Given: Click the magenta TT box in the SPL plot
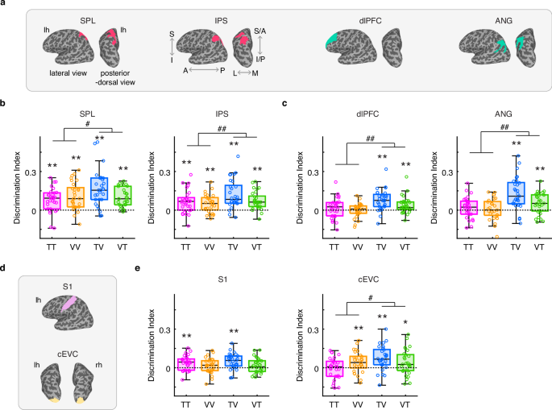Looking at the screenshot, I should pyautogui.click(x=52, y=200).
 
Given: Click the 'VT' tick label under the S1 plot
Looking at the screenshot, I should pyautogui.click(x=257, y=400).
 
